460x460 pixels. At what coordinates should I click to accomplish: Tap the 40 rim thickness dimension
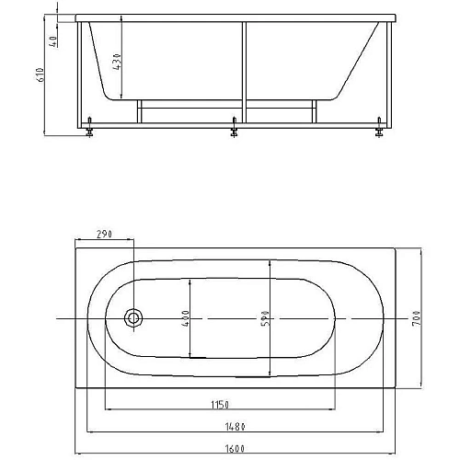pos(53,41)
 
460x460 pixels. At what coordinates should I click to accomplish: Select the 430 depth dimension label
pos(117,62)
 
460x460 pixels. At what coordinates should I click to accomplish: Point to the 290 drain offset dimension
pos(104,234)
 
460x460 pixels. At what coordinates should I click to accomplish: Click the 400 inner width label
pos(186,318)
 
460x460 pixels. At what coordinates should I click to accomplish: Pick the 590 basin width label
pos(265,318)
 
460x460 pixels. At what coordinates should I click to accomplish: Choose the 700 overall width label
pos(417,318)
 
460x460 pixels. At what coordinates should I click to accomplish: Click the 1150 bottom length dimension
pos(220,405)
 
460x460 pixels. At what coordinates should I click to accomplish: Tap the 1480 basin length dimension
pos(236,427)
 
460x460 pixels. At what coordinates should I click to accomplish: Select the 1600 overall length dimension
pos(235,449)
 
